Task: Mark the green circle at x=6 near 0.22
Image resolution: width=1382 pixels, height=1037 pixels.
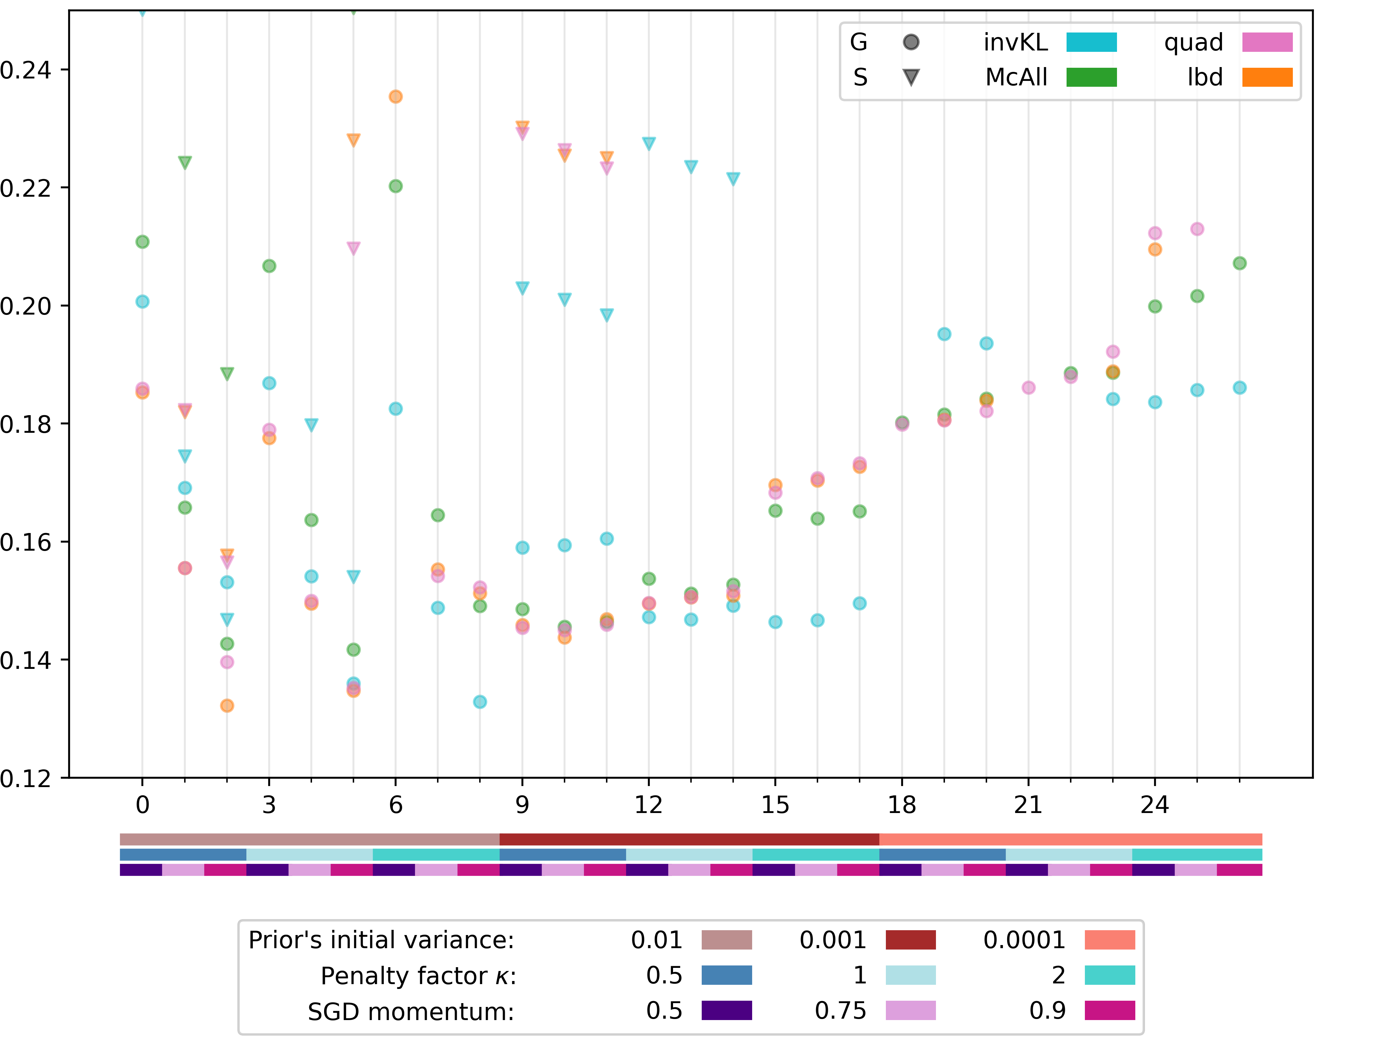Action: (396, 186)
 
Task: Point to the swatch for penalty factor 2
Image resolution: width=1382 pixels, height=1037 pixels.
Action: (1110, 975)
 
